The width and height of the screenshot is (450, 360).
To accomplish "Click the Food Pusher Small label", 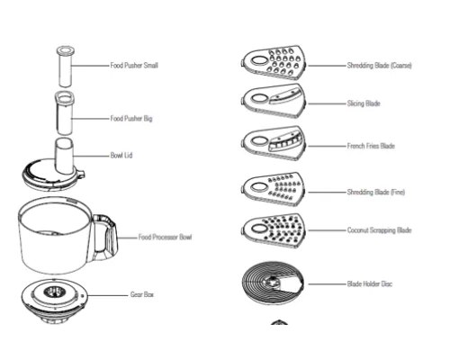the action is (134, 66).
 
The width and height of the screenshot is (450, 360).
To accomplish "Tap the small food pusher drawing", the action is (66, 67).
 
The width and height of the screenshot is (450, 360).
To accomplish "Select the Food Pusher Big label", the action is (131, 119).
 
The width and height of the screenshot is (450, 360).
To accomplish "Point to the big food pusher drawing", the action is (65, 112).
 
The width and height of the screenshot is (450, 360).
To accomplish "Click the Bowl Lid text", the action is (121, 156).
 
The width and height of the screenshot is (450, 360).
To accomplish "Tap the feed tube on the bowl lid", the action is (64, 156).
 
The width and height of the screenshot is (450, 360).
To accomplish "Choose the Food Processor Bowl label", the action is (165, 238).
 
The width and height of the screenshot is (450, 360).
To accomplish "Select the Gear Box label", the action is (142, 294).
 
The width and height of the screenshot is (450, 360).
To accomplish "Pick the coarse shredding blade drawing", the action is (274, 62).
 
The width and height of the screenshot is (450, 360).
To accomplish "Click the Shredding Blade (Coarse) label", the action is (379, 66).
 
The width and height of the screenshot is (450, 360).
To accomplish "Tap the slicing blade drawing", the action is (274, 101).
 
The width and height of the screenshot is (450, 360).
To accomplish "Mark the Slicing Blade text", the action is (364, 103).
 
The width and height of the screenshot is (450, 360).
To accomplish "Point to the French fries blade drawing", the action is (274, 143).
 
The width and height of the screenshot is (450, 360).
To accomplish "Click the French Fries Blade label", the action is (371, 146).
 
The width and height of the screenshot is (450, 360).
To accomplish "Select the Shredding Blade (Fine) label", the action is (376, 192).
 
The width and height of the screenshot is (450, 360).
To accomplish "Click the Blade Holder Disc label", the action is (370, 283).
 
